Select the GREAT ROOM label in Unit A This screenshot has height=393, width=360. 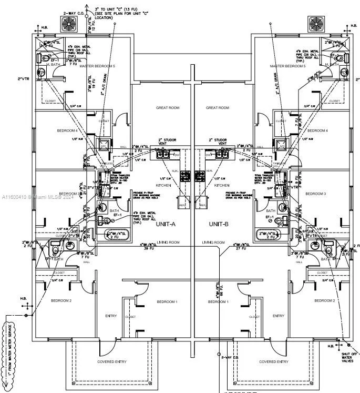(167, 108)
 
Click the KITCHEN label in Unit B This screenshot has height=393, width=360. (222, 186)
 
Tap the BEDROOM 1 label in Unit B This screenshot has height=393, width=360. (218, 301)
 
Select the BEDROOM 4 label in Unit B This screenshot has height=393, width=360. (317, 130)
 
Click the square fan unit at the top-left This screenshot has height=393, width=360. (70, 23)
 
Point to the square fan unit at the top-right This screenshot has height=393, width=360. (316, 23)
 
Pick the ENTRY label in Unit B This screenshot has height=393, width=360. (279, 316)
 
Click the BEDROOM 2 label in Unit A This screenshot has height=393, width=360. (61, 300)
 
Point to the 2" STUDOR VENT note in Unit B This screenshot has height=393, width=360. (218, 142)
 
